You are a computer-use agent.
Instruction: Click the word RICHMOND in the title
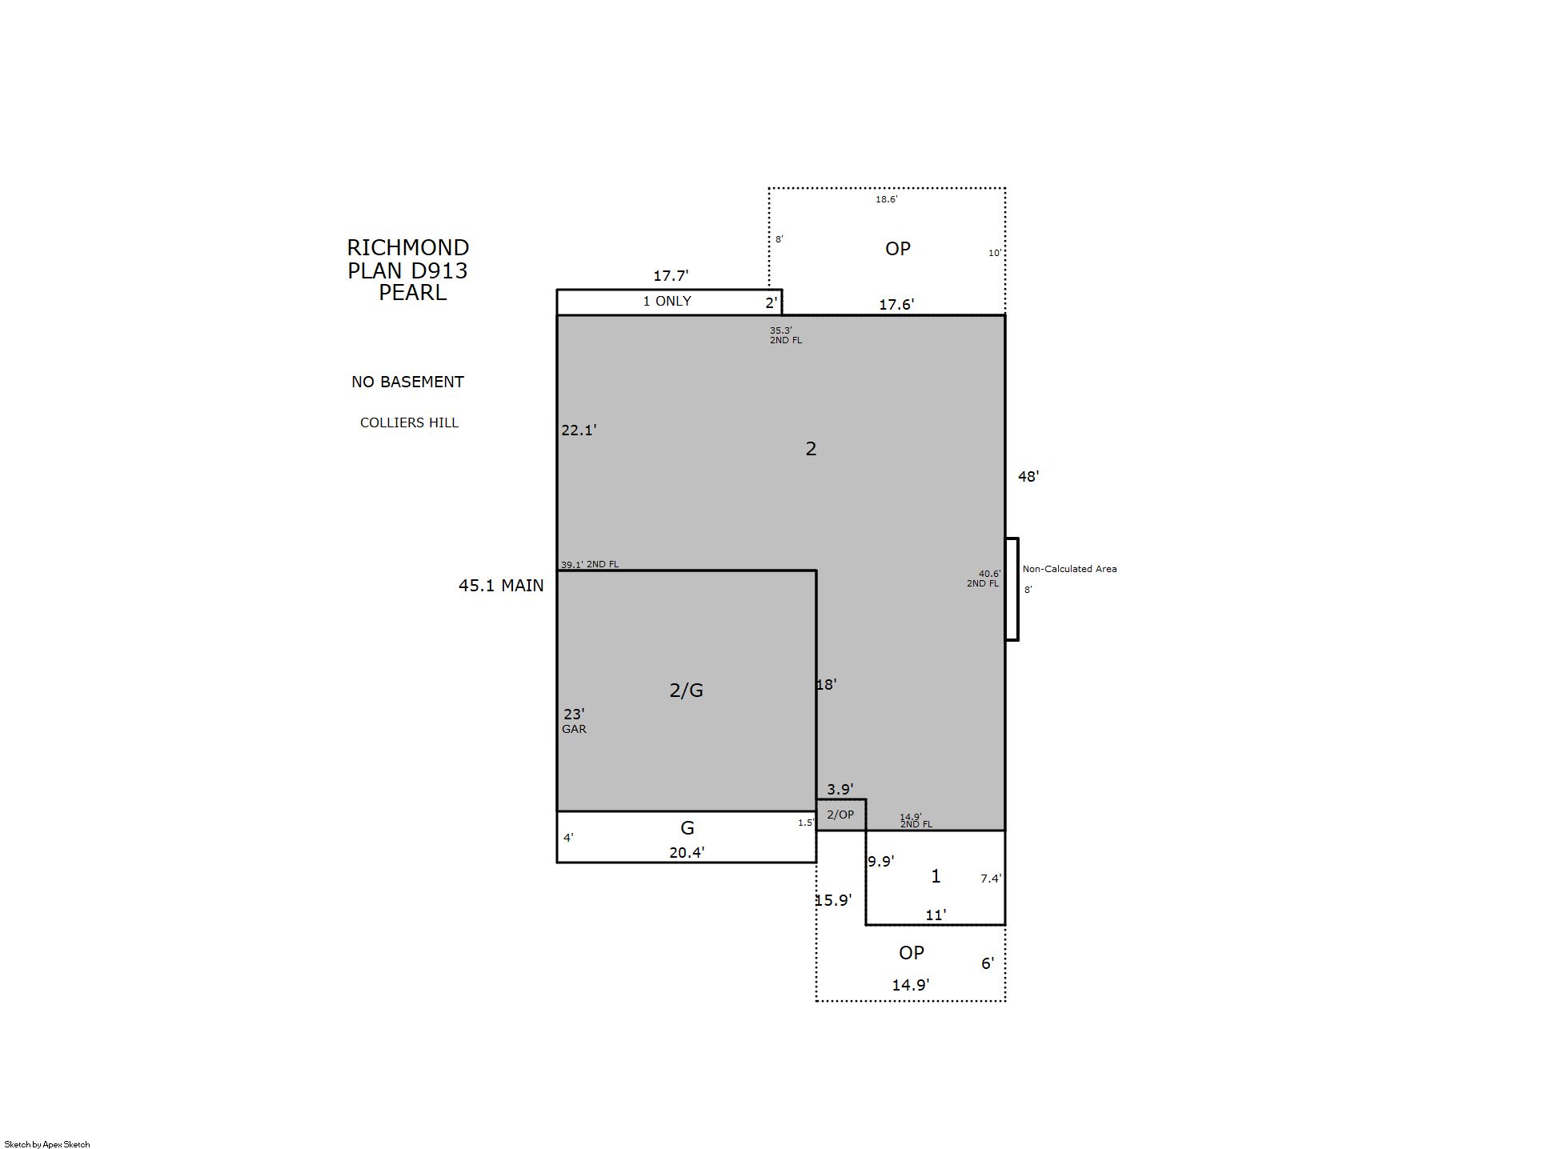[x=408, y=248]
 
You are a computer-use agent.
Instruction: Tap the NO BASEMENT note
[x=408, y=382]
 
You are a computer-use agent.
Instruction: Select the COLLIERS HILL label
[x=410, y=422]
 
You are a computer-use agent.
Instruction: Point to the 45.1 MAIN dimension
[x=501, y=586]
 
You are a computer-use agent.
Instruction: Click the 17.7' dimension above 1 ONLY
[x=671, y=276]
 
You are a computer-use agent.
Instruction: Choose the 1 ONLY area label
[x=667, y=302]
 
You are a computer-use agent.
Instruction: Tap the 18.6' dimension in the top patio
[x=886, y=199]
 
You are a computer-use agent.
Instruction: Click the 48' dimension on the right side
[x=1028, y=477]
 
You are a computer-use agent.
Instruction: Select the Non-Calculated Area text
[x=1069, y=569]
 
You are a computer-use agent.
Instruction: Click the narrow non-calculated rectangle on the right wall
[x=1012, y=589]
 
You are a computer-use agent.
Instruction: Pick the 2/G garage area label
[x=687, y=691]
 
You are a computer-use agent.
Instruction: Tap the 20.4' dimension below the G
[x=687, y=853]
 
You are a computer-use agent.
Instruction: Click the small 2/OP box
[x=841, y=815]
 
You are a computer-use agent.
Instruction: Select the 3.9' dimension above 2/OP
[x=840, y=790]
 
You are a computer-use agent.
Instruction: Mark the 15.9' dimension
[x=833, y=900]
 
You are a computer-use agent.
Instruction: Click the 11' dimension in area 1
[x=936, y=915]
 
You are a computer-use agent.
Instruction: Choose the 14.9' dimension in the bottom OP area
[x=911, y=985]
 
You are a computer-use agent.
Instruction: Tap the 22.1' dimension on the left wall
[x=579, y=430]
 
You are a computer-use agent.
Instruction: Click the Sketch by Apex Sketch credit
[x=47, y=1144]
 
